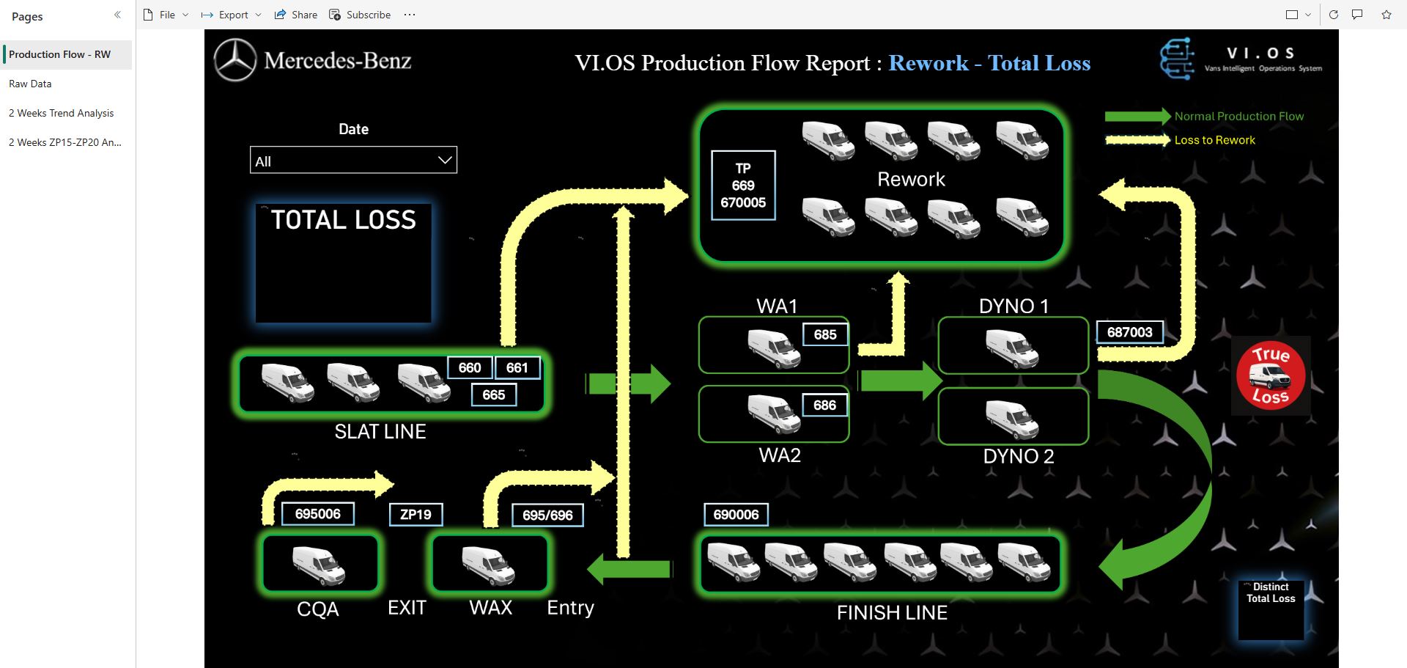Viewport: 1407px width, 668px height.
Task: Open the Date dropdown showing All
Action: [x=352, y=161]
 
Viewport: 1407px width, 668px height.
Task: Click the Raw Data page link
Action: [x=30, y=84]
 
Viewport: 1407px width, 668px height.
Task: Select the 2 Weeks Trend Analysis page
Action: [x=61, y=113]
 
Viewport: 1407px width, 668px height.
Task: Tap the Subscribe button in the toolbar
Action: [x=360, y=15]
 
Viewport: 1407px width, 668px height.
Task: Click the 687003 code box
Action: [x=1129, y=332]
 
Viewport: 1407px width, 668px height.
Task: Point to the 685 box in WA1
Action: [x=824, y=334]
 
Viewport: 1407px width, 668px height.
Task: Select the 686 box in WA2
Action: [x=824, y=405]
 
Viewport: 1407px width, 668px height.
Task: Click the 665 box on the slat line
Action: [x=493, y=394]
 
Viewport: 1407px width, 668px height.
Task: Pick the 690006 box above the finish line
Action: [x=736, y=515]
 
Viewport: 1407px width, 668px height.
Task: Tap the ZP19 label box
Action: [x=416, y=515]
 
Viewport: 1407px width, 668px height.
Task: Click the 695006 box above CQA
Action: [x=317, y=514]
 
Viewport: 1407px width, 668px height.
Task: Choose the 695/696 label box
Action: [x=547, y=515]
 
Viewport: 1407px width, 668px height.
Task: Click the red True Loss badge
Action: [x=1270, y=375]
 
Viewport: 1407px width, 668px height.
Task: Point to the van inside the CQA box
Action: [x=320, y=565]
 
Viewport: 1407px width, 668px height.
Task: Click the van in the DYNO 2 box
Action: [x=1012, y=419]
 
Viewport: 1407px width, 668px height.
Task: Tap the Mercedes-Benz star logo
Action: [x=235, y=60]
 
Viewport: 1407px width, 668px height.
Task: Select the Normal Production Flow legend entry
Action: [x=1238, y=117]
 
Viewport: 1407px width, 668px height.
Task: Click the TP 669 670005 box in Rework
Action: [x=743, y=186]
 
